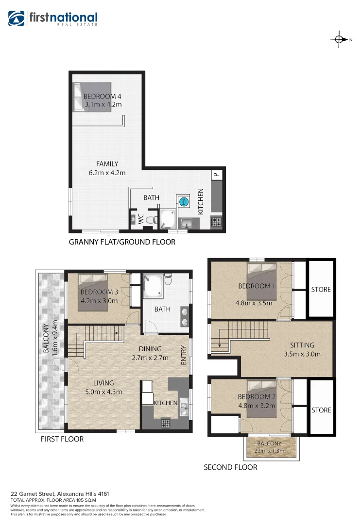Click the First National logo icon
[x=17, y=18]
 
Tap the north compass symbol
[x=339, y=40]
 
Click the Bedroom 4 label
[x=102, y=96]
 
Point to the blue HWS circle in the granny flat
[x=184, y=202]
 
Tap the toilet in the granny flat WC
[x=151, y=220]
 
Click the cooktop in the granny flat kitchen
[x=217, y=223]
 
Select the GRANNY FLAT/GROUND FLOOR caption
[x=122, y=242]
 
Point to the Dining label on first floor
[x=150, y=349]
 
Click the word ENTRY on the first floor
[x=184, y=355]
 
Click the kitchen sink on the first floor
[x=184, y=407]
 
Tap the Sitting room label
[x=302, y=345]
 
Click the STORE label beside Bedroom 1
[x=321, y=290]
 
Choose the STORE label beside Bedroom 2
[x=321, y=410]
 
